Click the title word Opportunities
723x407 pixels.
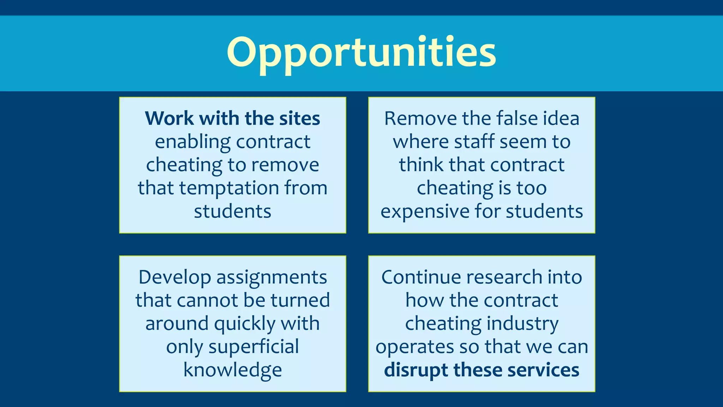(361, 53)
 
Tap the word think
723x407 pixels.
(421, 165)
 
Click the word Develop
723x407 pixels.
(175, 277)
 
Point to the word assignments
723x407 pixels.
(271, 277)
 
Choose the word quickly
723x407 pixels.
(244, 324)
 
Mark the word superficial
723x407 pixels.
(253, 347)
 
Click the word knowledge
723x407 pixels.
(233, 370)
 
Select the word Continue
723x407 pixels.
(421, 277)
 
